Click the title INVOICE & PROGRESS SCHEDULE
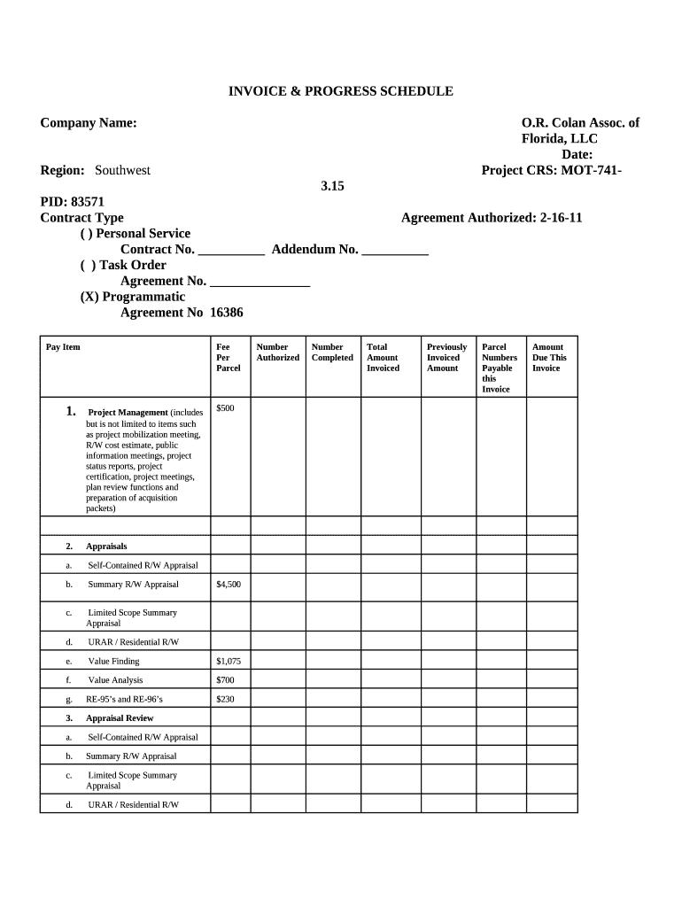coord(341,91)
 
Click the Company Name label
coord(89,123)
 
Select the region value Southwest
coord(122,170)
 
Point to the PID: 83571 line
coord(72,202)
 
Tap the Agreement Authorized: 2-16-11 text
coord(492,218)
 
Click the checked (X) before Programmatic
coord(89,297)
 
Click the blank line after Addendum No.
coord(396,251)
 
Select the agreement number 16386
coord(226,313)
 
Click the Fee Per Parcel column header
coord(228,358)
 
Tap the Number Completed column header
coord(332,353)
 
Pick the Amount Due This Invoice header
coord(549,358)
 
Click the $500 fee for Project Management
coord(226,407)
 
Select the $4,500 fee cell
coord(228,585)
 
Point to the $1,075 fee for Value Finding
coord(228,662)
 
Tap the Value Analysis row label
coord(115,680)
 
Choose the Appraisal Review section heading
coord(120,718)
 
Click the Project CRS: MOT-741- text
coord(551,170)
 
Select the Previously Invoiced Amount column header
coord(446,358)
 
